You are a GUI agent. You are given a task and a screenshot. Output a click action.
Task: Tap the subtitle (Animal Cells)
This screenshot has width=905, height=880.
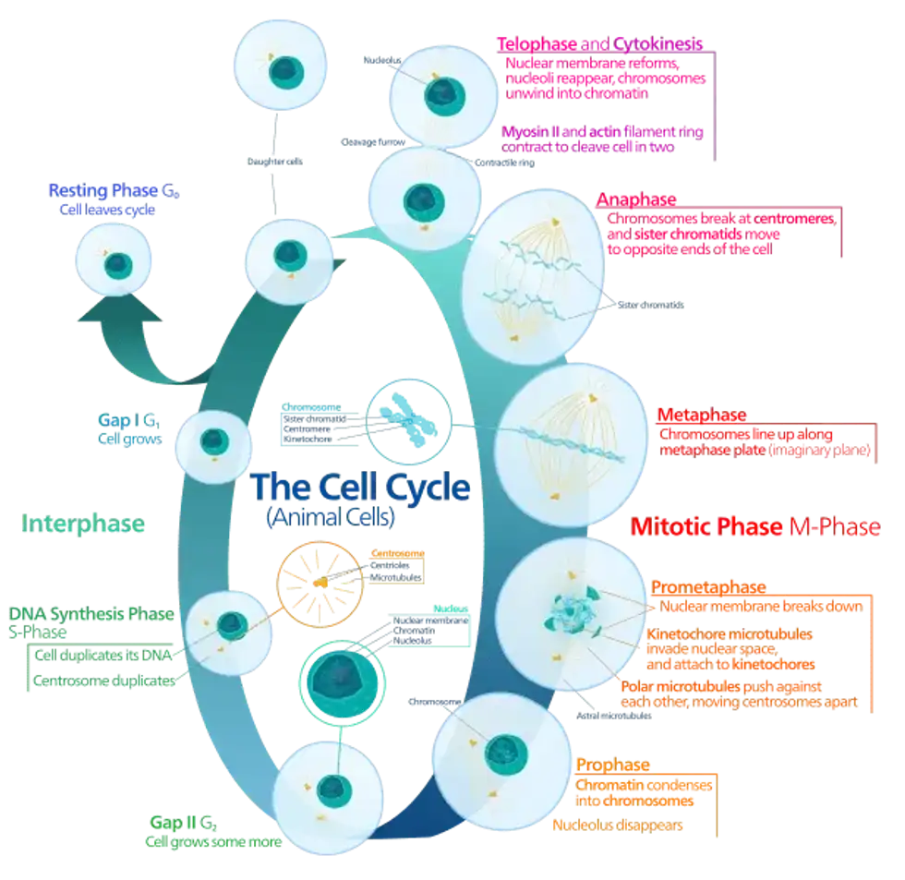[x=332, y=518]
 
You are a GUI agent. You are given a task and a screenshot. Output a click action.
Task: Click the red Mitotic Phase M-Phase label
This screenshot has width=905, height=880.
[x=755, y=527]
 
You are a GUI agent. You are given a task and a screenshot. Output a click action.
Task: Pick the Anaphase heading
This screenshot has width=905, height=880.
[x=637, y=199]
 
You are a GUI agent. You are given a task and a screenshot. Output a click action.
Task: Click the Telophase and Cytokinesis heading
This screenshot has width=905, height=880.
[x=600, y=43]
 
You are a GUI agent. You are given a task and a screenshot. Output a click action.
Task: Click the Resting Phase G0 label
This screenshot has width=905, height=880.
[x=112, y=192]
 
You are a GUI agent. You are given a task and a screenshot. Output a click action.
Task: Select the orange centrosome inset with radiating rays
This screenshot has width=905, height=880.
[x=317, y=584]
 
